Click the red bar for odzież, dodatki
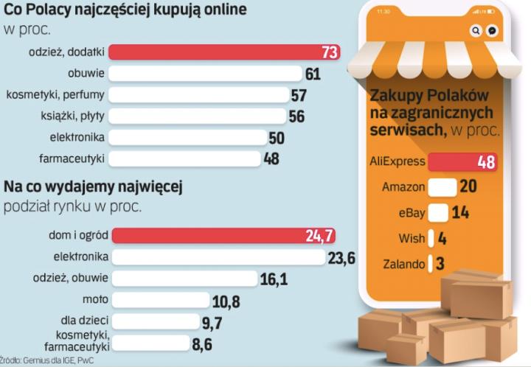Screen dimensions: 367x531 pos(221,52)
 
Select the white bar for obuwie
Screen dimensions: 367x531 pos(206,74)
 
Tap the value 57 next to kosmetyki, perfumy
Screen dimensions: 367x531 pos(299,95)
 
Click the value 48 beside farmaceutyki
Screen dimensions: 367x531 pos(271,158)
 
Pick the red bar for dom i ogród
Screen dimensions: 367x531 pos(221,236)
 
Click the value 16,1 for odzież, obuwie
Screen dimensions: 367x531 pos(274,279)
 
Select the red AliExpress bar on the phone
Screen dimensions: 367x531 pos(462,162)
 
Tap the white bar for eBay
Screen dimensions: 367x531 pos(437,213)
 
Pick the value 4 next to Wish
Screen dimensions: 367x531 pos(442,239)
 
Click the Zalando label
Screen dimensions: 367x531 pos(403,264)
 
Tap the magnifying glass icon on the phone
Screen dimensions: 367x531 pos(476,31)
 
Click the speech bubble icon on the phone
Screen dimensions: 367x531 pos(492,31)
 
